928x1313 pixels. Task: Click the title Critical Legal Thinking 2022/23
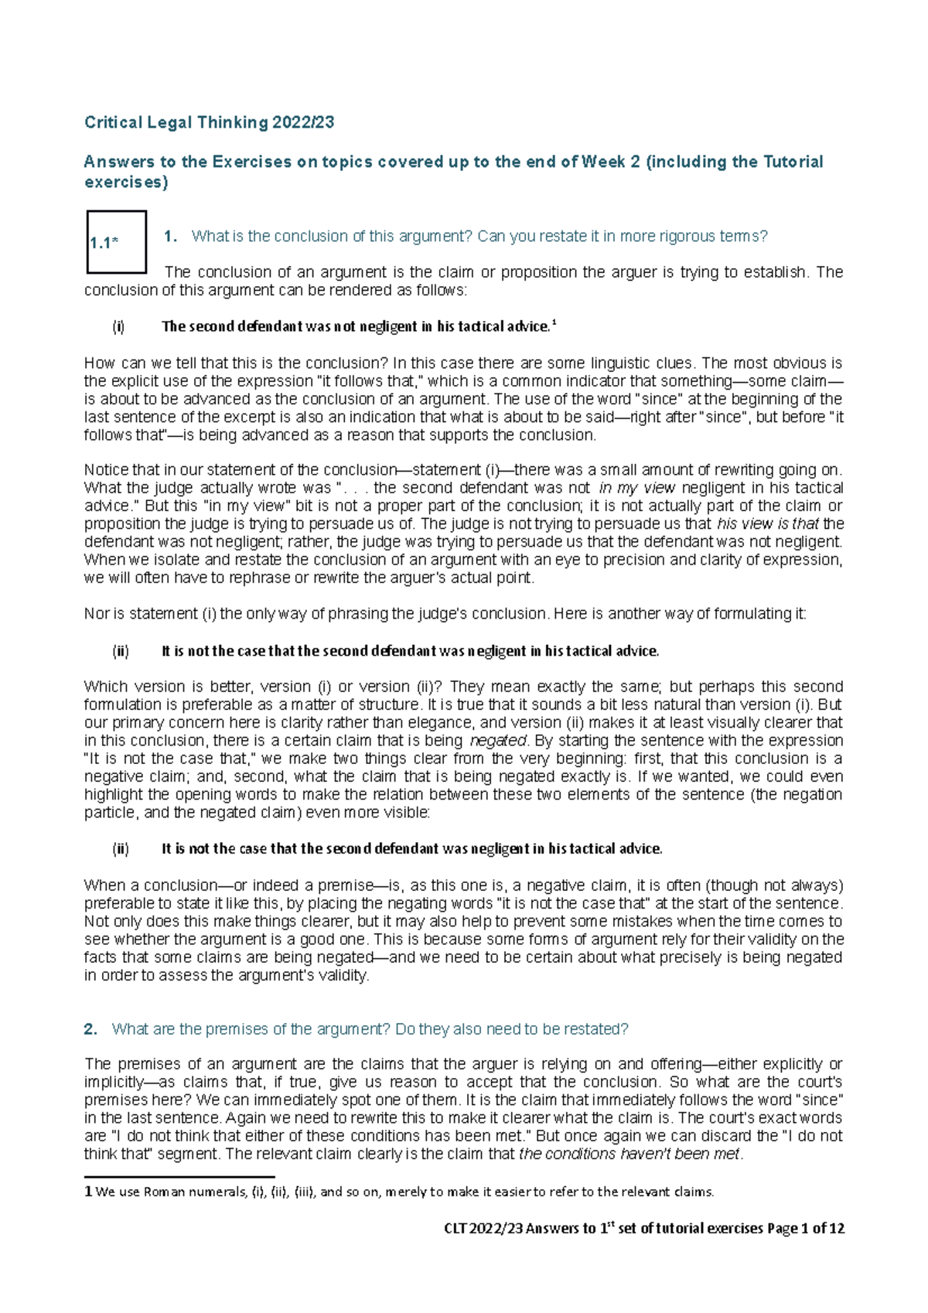[209, 122]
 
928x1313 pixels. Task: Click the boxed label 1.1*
[103, 243]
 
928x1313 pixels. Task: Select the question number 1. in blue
[171, 237]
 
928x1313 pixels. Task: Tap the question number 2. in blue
[90, 1029]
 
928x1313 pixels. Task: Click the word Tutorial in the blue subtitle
[793, 162]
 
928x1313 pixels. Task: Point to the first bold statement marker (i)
[118, 326]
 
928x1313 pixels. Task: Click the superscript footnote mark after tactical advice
[554, 323]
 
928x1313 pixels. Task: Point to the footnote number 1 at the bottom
[88, 1192]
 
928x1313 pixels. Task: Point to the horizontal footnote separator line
[179, 1177]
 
